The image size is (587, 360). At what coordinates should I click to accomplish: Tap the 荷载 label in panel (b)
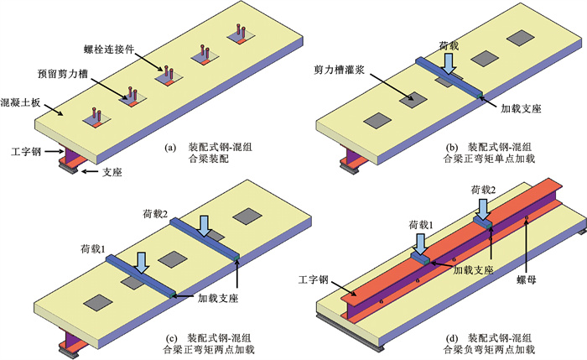point(449,40)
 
